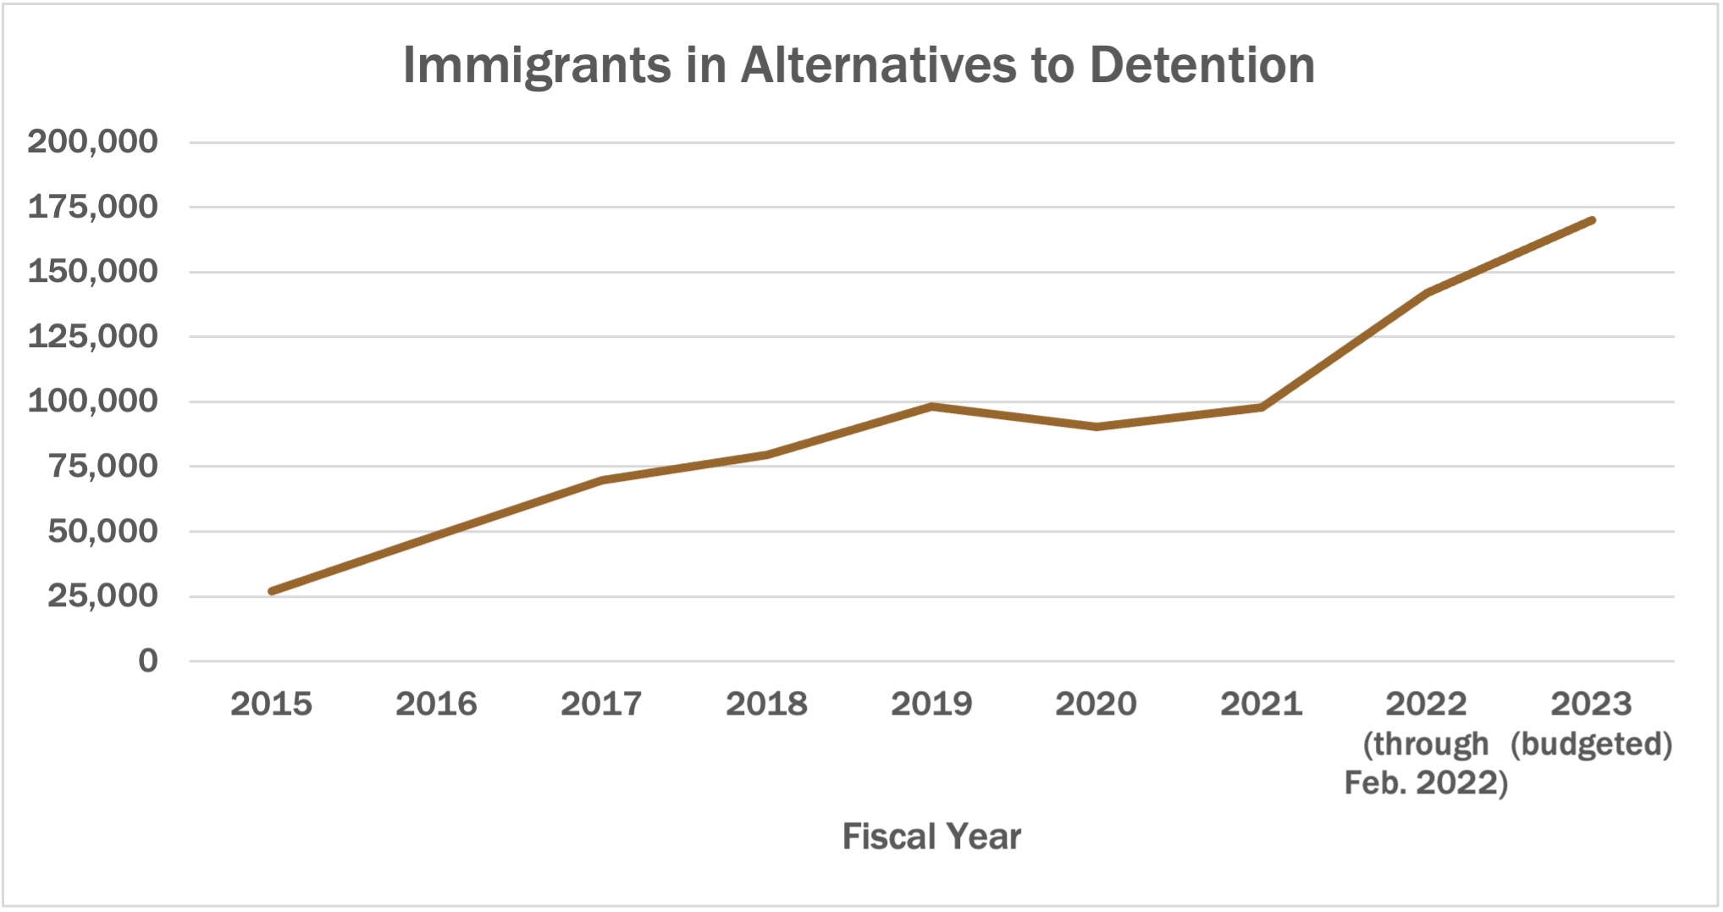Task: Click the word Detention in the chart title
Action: pos(1202,65)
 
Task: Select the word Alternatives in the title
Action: pos(878,65)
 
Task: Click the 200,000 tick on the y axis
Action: pos(92,141)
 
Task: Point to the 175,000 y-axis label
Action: pos(92,207)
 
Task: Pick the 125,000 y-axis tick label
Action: pos(92,336)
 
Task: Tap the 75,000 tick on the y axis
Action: pos(102,466)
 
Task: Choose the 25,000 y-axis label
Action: pos(102,595)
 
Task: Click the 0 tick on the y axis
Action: pos(148,661)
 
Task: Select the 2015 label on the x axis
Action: pos(271,704)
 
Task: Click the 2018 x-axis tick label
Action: pos(766,704)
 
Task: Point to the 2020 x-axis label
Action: pos(1096,704)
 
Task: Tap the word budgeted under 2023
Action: pos(1591,744)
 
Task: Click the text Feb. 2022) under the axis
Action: pos(1426,783)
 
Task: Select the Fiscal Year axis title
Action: pos(931,837)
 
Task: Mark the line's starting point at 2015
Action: pos(272,591)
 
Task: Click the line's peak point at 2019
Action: pos(931,406)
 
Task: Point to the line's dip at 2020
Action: pos(1096,427)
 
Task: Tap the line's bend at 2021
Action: pos(1262,407)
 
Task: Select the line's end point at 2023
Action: pos(1592,220)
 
